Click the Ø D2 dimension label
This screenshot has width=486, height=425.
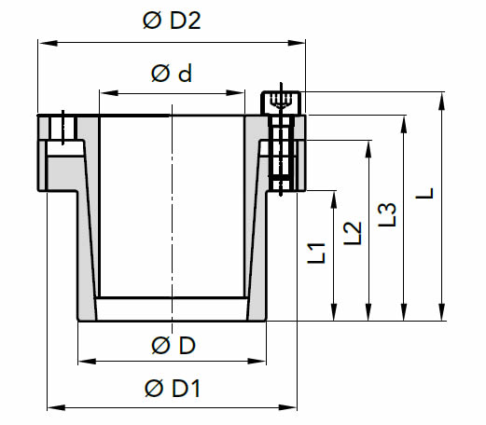[x=172, y=21]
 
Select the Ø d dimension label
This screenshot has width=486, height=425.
[x=172, y=74]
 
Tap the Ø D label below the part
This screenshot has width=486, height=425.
[x=174, y=345]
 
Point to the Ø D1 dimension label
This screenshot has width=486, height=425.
[x=172, y=388]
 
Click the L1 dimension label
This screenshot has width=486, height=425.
[x=316, y=254]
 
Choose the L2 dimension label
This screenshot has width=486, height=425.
[x=353, y=233]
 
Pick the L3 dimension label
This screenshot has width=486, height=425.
[x=387, y=214]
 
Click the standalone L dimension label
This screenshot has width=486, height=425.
[x=424, y=193]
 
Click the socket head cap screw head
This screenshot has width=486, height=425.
[x=281, y=103]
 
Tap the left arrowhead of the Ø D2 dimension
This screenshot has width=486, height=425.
[x=48, y=43]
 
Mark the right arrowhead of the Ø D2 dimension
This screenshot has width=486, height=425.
[x=297, y=43]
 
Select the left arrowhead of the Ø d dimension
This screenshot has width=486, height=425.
[x=109, y=93]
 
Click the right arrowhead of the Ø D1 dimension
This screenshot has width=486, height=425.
[x=287, y=407]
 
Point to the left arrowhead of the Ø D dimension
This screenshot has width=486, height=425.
[x=87, y=362]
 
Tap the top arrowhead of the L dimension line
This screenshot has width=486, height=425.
[x=441, y=102]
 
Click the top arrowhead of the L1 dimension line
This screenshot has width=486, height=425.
[x=334, y=199]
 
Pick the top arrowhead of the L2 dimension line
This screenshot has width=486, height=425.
[x=368, y=150]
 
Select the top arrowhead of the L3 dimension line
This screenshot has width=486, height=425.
[x=404, y=125]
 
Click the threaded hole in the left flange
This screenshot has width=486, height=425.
[x=63, y=128]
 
